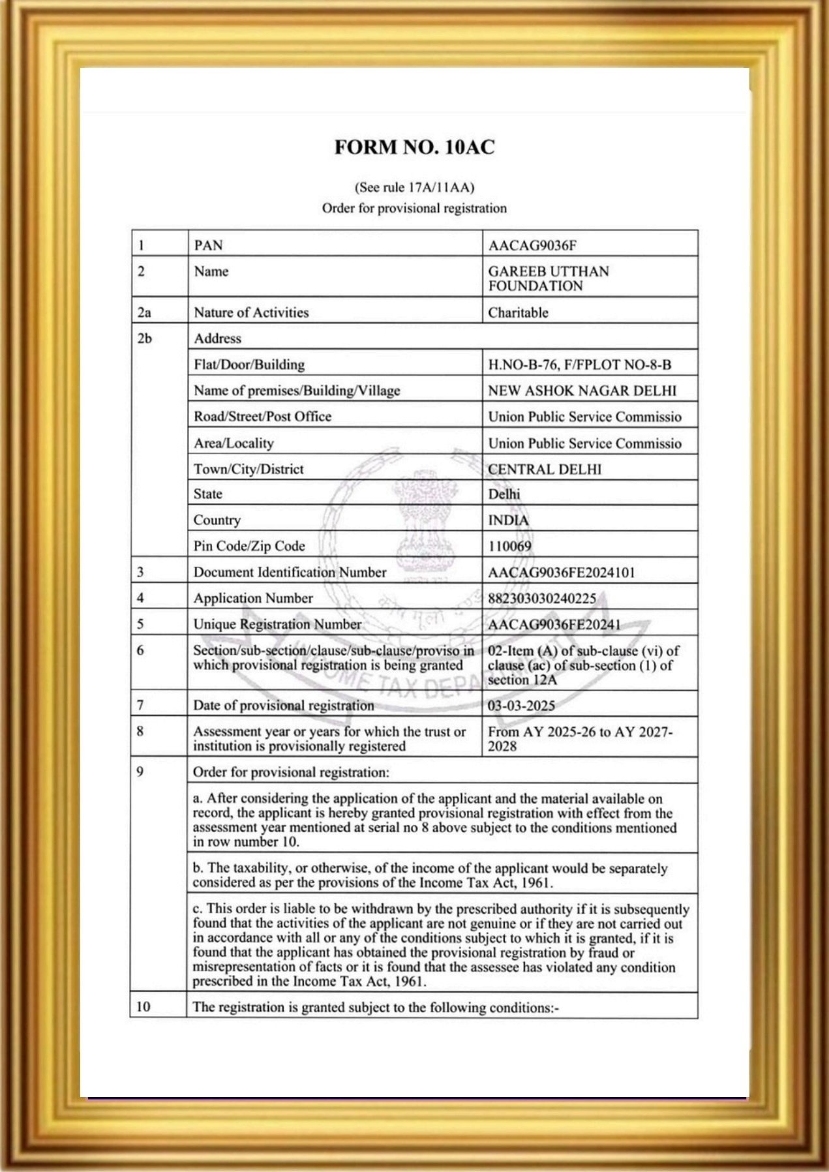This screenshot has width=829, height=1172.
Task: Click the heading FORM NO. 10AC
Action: [x=414, y=147]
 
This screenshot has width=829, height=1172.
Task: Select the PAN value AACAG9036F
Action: [x=532, y=246]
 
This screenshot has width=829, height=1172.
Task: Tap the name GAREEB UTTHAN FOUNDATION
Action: [x=548, y=278]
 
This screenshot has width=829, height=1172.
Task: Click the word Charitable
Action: [x=518, y=312]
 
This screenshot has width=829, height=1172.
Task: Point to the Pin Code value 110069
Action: [x=509, y=547]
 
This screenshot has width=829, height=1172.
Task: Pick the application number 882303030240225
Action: [x=541, y=599]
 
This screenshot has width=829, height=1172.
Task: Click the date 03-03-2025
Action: [x=521, y=706]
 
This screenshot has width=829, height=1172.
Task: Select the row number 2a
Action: [x=144, y=312]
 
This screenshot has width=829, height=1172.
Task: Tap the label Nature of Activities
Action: [x=251, y=312]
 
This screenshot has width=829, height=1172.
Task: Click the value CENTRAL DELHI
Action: [x=545, y=470]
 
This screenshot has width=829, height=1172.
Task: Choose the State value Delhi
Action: [x=504, y=494]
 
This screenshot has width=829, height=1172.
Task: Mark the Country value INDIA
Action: [x=508, y=520]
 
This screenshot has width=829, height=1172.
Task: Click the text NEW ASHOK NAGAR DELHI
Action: [x=582, y=391]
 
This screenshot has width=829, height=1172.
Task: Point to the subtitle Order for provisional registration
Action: [x=414, y=209]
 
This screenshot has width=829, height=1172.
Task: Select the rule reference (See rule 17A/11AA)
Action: [x=414, y=188]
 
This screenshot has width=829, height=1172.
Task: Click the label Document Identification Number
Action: [x=290, y=573]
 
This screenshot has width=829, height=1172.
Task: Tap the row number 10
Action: [x=143, y=1006]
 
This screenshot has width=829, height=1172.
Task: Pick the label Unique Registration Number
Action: [x=277, y=625]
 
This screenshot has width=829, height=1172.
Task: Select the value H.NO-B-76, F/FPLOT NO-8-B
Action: [x=579, y=365]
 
